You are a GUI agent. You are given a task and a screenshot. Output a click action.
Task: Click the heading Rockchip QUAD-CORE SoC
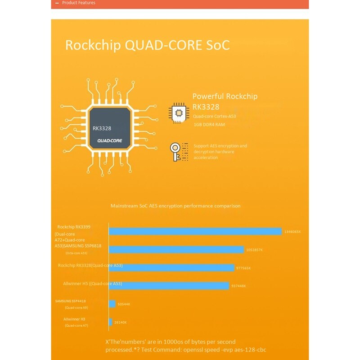(x=148, y=45)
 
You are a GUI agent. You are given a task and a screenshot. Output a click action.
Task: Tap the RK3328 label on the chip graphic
(x=102, y=128)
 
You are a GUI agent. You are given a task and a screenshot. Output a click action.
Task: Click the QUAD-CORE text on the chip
(x=110, y=140)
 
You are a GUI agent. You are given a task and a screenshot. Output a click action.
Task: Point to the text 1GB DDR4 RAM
(x=209, y=124)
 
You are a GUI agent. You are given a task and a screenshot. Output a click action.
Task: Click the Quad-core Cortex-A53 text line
(x=214, y=116)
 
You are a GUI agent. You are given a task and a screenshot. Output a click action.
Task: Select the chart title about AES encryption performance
(x=175, y=206)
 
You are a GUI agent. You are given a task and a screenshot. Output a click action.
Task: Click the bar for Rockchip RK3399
(x=195, y=231)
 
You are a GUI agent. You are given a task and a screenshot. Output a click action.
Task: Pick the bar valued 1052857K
(x=176, y=250)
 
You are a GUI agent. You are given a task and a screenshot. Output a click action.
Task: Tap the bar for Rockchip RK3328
(x=171, y=268)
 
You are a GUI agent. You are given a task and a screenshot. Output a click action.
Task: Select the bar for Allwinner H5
(x=169, y=286)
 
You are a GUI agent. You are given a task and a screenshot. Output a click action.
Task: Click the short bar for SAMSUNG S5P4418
(x=112, y=304)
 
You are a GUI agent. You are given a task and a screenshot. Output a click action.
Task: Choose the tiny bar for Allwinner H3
(x=110, y=322)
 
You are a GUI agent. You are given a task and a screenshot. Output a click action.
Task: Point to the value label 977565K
(x=243, y=268)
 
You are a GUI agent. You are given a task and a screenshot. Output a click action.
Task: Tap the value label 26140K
(x=120, y=322)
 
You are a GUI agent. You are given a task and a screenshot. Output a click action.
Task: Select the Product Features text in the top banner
(x=78, y=3)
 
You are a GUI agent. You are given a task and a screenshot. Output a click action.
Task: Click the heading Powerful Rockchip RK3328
(x=225, y=101)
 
